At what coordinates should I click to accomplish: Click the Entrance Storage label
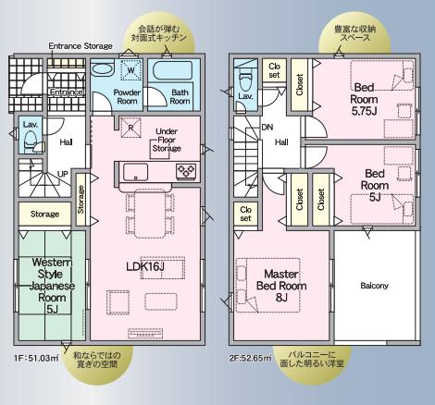(81, 46)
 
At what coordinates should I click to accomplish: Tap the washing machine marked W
(130, 70)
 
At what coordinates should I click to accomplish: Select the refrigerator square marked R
(130, 127)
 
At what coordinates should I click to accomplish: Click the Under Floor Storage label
(167, 140)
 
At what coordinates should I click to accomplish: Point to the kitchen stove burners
(186, 171)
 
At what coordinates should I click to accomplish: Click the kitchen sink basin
(135, 172)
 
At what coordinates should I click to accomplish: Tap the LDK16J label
(145, 266)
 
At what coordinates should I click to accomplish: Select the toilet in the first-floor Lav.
(31, 141)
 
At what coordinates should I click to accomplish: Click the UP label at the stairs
(63, 174)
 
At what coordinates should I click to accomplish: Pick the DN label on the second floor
(267, 127)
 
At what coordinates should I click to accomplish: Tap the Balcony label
(374, 286)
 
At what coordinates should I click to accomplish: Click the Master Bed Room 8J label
(281, 286)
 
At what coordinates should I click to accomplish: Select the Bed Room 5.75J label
(364, 99)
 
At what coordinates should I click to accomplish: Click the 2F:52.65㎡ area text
(250, 358)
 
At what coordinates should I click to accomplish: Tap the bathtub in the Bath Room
(170, 71)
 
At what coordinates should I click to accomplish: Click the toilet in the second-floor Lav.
(246, 80)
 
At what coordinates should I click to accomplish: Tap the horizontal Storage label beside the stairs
(44, 214)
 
